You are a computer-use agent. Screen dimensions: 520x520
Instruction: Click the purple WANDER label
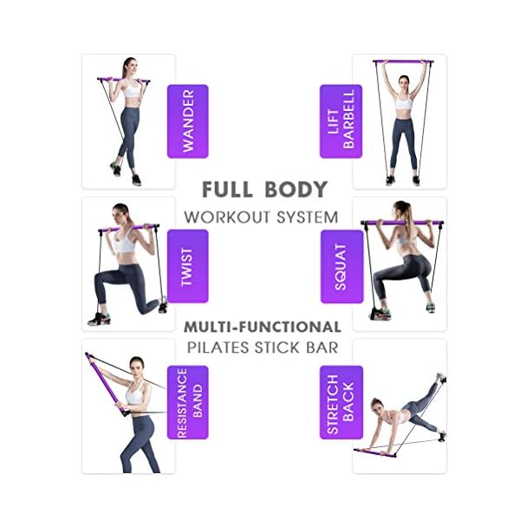coord(187,120)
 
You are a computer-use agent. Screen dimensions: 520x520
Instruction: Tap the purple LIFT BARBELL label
coord(341,120)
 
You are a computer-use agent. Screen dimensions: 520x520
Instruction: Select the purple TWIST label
coord(187,266)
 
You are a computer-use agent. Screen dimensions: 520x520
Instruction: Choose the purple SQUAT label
coord(341,266)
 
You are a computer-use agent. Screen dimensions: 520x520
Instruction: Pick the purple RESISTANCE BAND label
coord(187,402)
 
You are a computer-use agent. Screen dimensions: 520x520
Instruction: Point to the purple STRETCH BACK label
coord(341,402)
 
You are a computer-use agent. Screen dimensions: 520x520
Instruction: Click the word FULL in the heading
coord(228,189)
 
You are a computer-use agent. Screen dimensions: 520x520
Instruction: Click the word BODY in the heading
coord(296,189)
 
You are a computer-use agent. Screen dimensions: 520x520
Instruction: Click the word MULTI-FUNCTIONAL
coord(262,327)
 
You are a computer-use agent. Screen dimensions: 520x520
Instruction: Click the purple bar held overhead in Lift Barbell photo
coord(402,62)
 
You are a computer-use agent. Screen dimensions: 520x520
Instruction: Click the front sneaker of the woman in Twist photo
coord(98,319)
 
